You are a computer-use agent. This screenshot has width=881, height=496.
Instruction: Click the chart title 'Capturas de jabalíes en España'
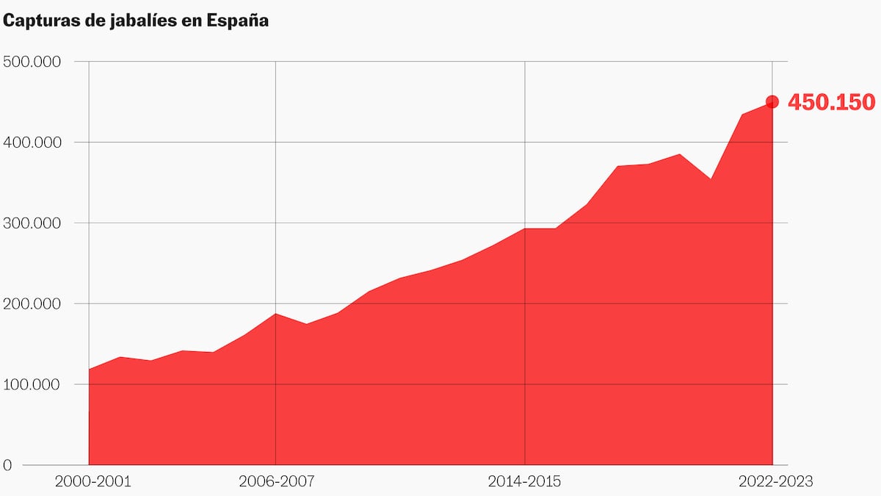click(x=136, y=21)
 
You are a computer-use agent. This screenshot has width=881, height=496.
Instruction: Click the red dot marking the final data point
click(x=772, y=101)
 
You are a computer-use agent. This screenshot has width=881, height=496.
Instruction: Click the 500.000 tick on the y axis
click(x=31, y=62)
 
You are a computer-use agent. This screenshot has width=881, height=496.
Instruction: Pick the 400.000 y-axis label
click(x=31, y=142)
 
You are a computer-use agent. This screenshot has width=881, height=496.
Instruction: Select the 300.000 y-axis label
click(x=31, y=223)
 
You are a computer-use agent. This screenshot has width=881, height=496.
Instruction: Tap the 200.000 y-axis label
click(x=31, y=303)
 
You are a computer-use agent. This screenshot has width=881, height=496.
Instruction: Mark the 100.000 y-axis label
click(x=31, y=384)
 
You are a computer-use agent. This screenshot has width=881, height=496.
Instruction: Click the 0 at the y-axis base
click(x=7, y=465)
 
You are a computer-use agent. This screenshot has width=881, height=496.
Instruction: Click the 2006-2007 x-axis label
click(x=276, y=482)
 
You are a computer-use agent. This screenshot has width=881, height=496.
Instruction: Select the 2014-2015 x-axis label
click(x=524, y=482)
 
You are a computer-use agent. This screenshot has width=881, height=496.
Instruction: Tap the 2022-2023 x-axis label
click(x=775, y=482)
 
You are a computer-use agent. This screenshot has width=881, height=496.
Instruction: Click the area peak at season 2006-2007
click(x=276, y=314)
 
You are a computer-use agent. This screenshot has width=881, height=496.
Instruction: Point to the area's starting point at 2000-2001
click(x=89, y=369)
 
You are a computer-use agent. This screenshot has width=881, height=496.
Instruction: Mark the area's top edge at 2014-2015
click(x=524, y=229)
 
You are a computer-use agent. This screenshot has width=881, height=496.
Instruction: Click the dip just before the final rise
click(x=710, y=179)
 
